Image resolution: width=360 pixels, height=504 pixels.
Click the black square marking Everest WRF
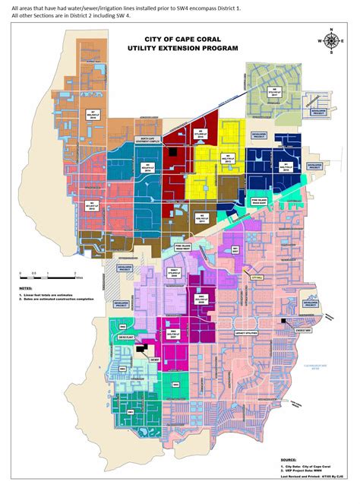coord(283,322)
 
